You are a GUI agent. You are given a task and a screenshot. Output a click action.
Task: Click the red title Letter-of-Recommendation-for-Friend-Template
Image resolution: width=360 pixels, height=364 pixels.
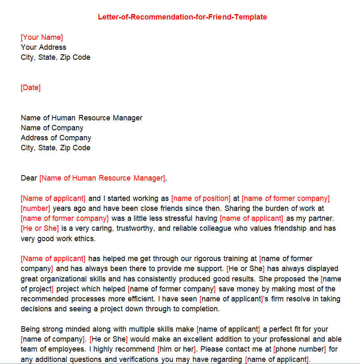(182, 17)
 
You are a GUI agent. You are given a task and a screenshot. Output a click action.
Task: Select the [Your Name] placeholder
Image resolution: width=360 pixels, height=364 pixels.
(42, 37)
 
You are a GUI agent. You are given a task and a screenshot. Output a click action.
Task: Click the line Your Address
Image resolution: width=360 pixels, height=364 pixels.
(44, 47)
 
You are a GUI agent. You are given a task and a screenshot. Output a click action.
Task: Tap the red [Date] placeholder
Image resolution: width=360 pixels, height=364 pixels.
(31, 88)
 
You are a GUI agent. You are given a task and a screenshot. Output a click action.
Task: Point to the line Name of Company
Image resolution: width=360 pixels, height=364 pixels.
(52, 128)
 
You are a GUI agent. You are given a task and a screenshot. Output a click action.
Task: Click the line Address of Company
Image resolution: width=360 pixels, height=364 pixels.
(56, 138)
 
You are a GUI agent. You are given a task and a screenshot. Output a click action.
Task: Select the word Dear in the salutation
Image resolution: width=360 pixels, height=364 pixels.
(29, 178)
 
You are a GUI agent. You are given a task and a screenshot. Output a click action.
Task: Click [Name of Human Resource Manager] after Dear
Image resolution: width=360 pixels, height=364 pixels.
(103, 178)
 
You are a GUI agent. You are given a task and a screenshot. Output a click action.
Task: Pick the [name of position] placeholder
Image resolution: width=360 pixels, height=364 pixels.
(201, 198)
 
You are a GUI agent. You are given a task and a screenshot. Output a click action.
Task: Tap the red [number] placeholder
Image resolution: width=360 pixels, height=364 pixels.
(35, 208)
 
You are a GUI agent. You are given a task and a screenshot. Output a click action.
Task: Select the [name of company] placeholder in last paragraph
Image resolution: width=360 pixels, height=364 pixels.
(53, 339)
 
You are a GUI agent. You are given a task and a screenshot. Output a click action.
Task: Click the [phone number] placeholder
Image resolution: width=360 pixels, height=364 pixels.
(300, 349)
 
